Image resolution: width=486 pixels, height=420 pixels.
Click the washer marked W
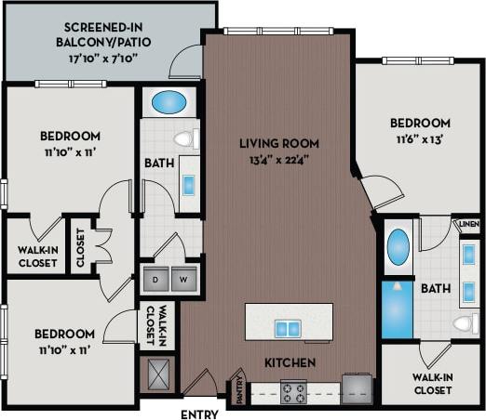pos(184,278)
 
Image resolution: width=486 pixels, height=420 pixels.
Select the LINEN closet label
pos(466,225)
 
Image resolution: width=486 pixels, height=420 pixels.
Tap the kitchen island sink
pos(288,328)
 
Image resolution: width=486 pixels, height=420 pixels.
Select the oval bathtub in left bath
pos(168,100)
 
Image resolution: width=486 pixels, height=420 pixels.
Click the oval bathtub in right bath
pos(398,248)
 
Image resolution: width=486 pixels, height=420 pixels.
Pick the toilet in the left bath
pos(185,139)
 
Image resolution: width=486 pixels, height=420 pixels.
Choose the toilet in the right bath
pos(464,324)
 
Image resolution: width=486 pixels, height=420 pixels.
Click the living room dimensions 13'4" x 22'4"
pos(279,159)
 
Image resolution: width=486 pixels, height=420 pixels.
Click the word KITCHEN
pos(290,362)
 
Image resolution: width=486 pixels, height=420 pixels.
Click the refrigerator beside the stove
pos(358,389)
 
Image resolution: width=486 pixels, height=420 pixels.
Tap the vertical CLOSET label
pos(80,246)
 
